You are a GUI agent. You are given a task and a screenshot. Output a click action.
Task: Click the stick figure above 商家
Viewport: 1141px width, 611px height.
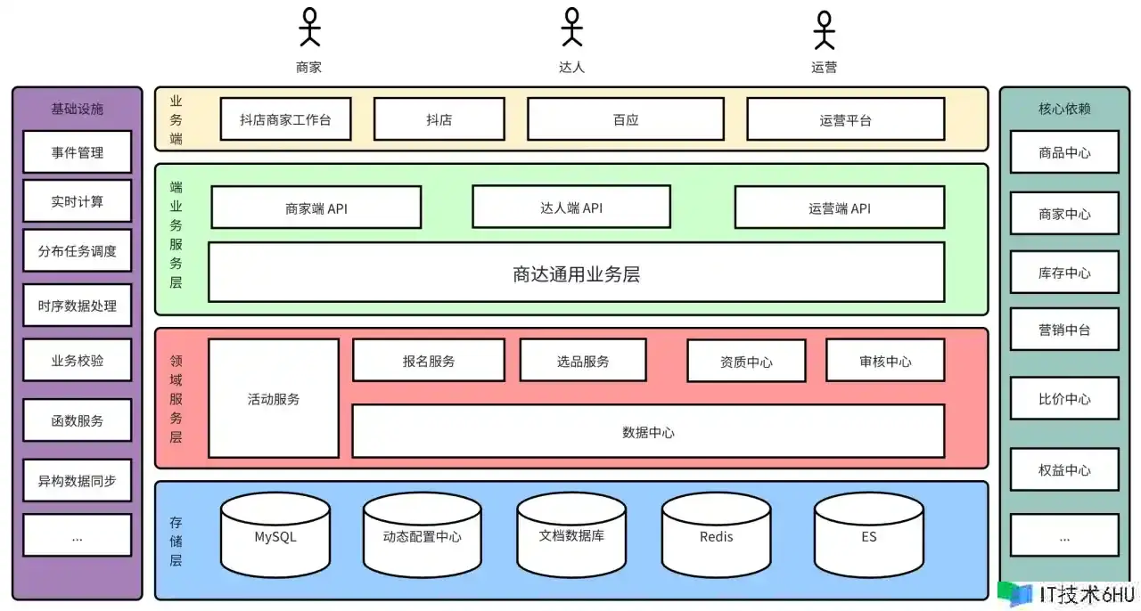point(309,27)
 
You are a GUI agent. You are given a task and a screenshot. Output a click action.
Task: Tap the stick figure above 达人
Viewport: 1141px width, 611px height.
point(571,27)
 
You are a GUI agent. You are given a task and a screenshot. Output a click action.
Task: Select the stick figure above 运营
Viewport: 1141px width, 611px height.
point(824,29)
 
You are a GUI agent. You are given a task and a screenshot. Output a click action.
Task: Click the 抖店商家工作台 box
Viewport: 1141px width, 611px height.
point(285,119)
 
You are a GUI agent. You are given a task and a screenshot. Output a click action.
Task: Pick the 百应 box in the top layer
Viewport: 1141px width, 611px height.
point(625,119)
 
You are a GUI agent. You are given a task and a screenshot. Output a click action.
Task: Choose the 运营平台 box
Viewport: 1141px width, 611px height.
point(845,119)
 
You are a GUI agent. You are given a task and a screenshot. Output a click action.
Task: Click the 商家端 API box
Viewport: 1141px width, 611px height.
point(316,208)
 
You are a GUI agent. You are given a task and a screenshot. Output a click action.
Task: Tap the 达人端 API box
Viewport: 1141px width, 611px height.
point(570,207)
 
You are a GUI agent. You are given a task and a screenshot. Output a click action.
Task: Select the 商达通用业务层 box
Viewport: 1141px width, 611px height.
point(576,273)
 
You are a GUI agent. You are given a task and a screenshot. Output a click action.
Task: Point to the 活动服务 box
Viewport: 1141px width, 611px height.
point(274,398)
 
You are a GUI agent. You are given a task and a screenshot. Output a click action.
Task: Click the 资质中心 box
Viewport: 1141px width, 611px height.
point(746,361)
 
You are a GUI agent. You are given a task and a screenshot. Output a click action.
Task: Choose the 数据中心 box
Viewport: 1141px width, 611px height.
point(648,431)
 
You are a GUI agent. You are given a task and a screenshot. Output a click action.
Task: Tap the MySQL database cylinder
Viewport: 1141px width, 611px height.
point(275,536)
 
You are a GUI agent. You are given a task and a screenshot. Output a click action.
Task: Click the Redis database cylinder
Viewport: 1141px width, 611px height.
point(716,536)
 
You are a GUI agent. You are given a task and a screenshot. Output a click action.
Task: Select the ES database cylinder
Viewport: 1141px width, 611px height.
point(868,536)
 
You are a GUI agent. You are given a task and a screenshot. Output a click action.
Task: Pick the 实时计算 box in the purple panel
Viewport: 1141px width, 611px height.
point(78,201)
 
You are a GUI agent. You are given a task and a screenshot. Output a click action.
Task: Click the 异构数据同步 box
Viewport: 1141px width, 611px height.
point(78,481)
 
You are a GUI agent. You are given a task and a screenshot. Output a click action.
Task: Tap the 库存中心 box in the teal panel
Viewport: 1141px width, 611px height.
point(1064,273)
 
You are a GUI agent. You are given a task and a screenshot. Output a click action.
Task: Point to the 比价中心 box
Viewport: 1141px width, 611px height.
point(1064,398)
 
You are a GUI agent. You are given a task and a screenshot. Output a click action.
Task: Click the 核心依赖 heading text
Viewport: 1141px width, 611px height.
point(1064,109)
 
